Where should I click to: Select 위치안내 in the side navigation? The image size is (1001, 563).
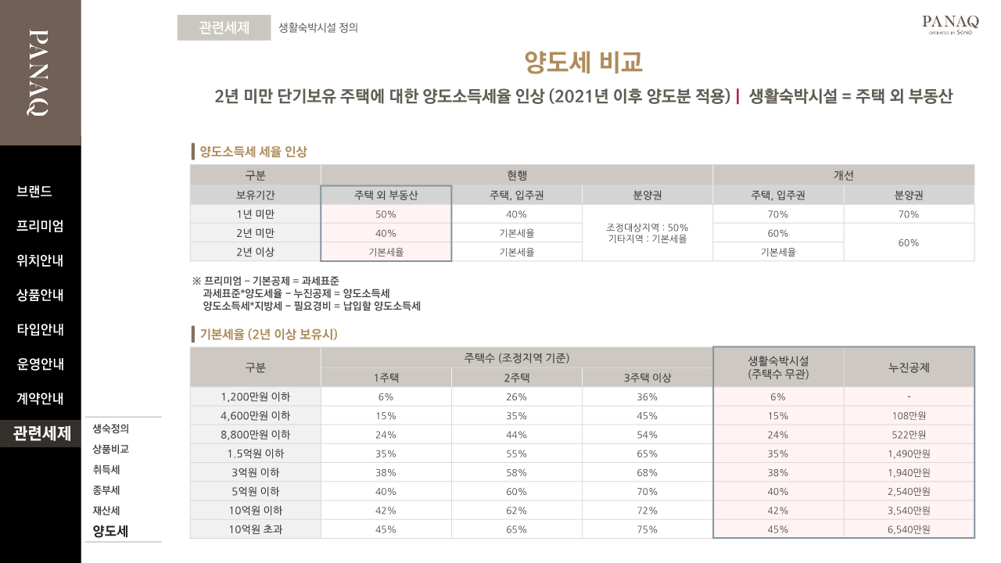coord(40,260)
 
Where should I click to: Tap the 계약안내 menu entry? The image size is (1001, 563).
coord(40,398)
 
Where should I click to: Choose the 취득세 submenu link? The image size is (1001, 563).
coord(106,470)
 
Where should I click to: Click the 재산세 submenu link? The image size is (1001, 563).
coord(106,511)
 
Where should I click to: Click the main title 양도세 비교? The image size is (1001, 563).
coord(583,62)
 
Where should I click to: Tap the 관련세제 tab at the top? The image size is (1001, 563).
coord(224,27)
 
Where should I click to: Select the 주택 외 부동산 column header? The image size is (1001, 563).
coord(386,195)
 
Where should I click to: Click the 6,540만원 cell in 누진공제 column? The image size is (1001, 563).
coord(909,529)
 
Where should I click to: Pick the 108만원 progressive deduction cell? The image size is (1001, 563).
coord(909,416)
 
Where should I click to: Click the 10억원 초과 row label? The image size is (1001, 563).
coord(256,529)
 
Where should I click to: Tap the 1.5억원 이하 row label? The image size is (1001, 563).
coord(256,454)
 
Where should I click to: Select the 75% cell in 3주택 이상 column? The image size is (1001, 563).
coord(647,529)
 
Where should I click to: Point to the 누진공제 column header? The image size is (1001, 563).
coord(909,367)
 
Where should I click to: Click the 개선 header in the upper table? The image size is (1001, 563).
coord(843,175)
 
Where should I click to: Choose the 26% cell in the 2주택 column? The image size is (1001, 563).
coord(516,396)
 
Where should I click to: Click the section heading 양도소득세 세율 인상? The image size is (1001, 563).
coord(253,152)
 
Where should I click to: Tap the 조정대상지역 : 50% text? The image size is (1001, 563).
coord(647,228)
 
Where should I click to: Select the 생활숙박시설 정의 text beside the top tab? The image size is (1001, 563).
coord(318,27)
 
